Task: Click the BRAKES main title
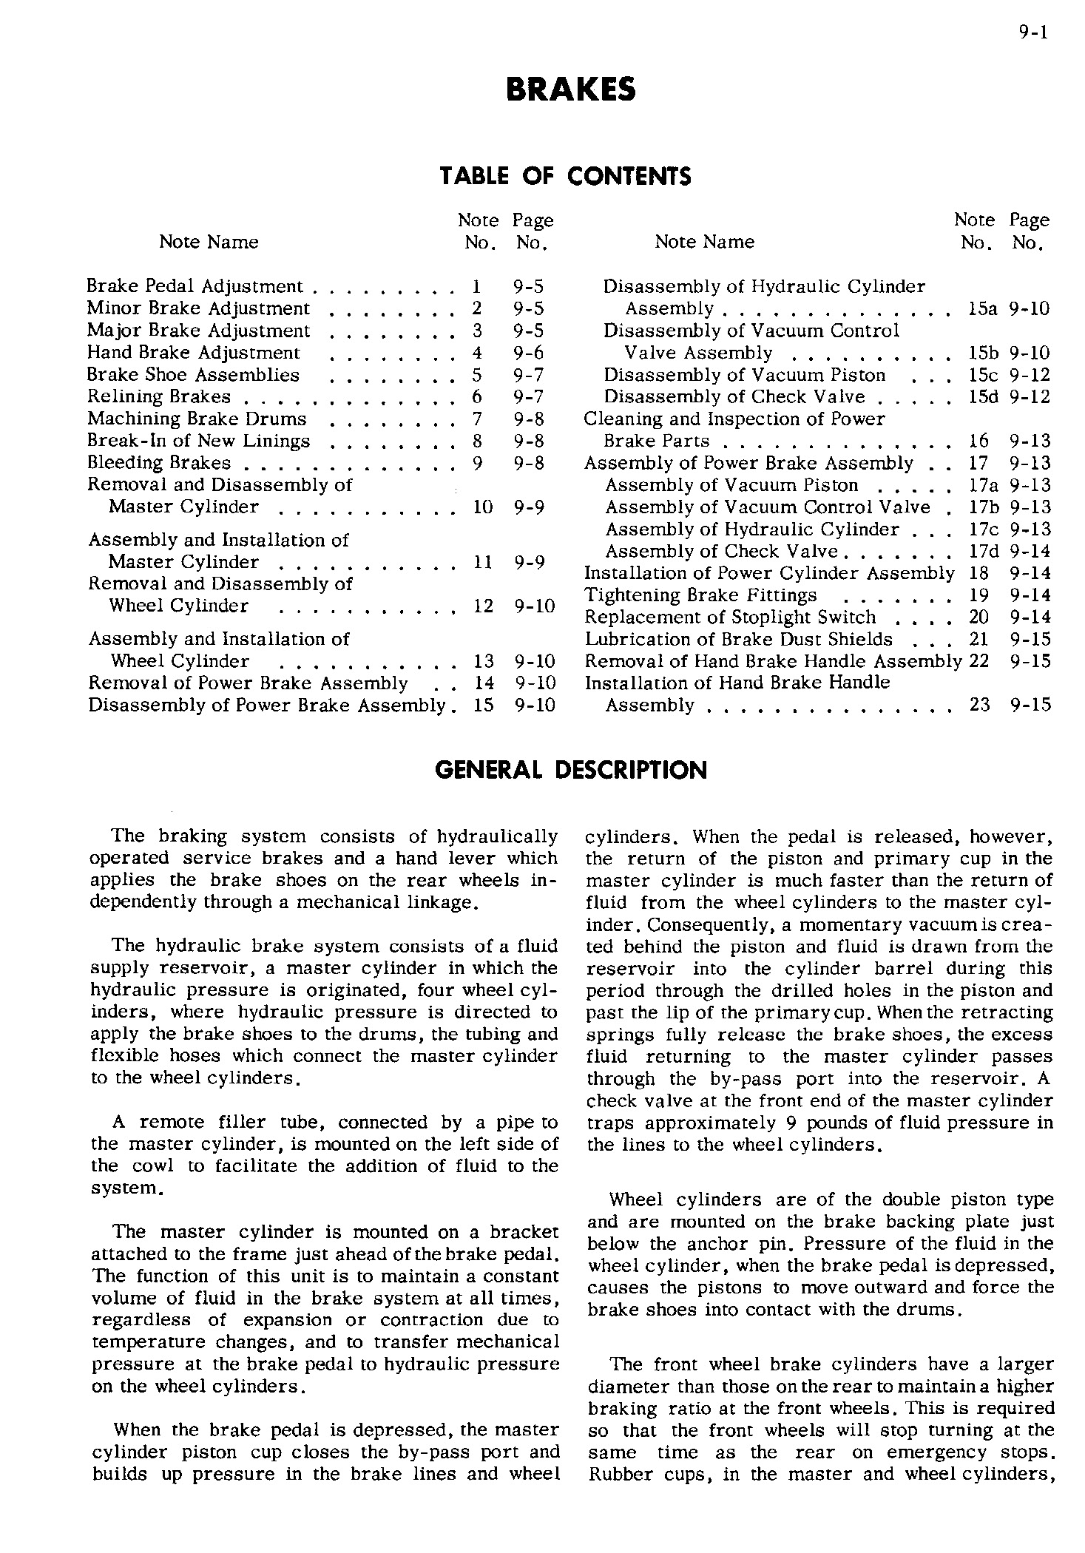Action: coord(570,90)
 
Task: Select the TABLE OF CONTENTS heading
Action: coord(566,176)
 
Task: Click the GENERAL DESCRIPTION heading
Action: coord(571,771)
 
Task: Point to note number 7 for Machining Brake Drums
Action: coord(477,419)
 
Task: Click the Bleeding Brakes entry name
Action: coord(159,463)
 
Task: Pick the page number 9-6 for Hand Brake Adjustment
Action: coord(529,353)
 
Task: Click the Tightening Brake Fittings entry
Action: coord(700,595)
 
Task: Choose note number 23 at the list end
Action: coord(979,705)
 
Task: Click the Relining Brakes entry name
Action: coord(159,397)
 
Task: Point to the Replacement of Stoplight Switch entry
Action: coord(730,618)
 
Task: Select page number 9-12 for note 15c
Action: coord(1030,375)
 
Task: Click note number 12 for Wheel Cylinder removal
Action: coord(483,606)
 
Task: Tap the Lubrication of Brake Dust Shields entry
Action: coord(738,640)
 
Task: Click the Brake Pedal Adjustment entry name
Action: coord(195,286)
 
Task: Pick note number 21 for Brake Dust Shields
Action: coord(978,640)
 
